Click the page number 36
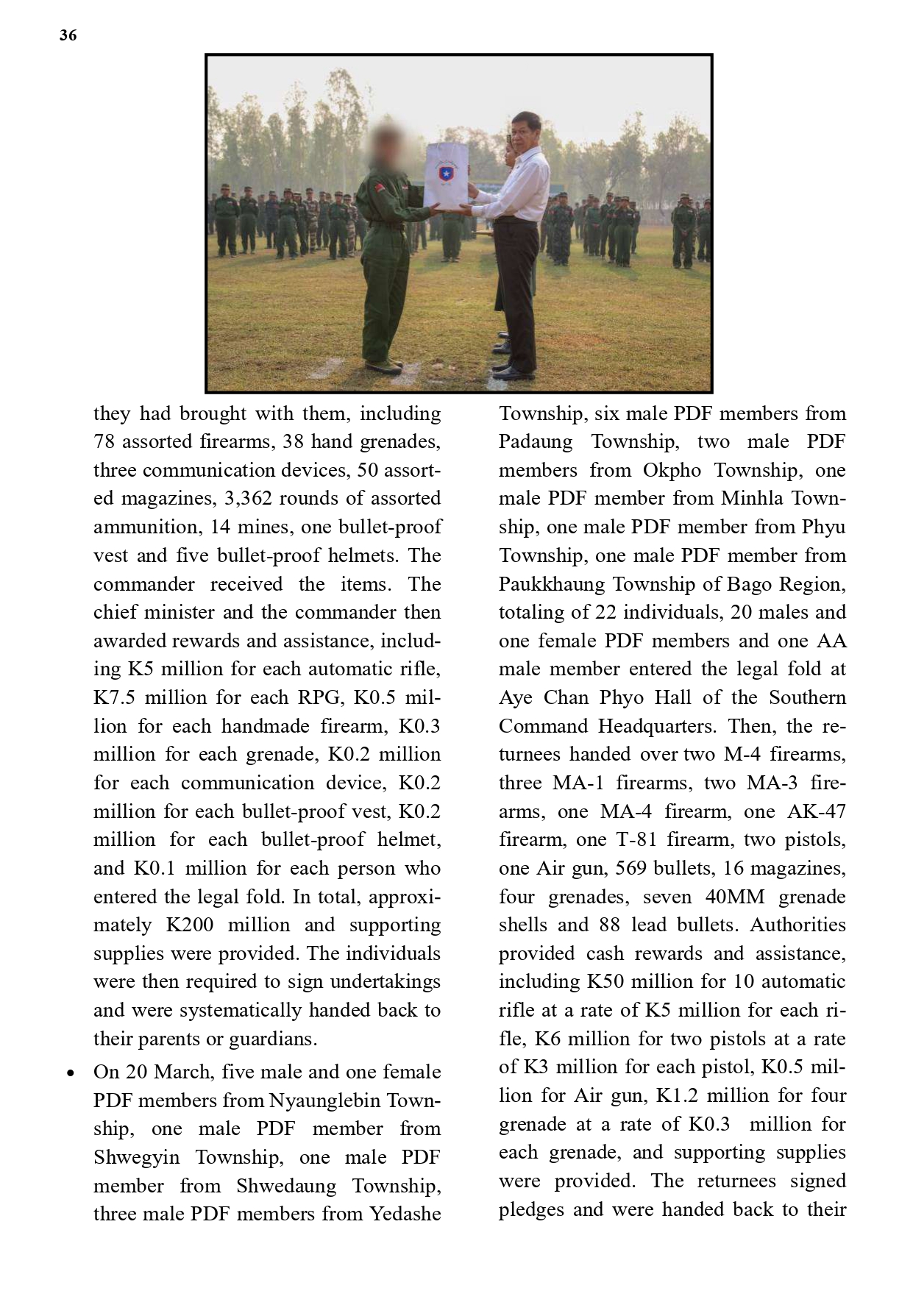click(68, 35)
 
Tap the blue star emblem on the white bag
click(446, 174)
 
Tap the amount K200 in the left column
click(190, 925)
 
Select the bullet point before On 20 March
click(70, 1073)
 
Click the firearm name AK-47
click(816, 811)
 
